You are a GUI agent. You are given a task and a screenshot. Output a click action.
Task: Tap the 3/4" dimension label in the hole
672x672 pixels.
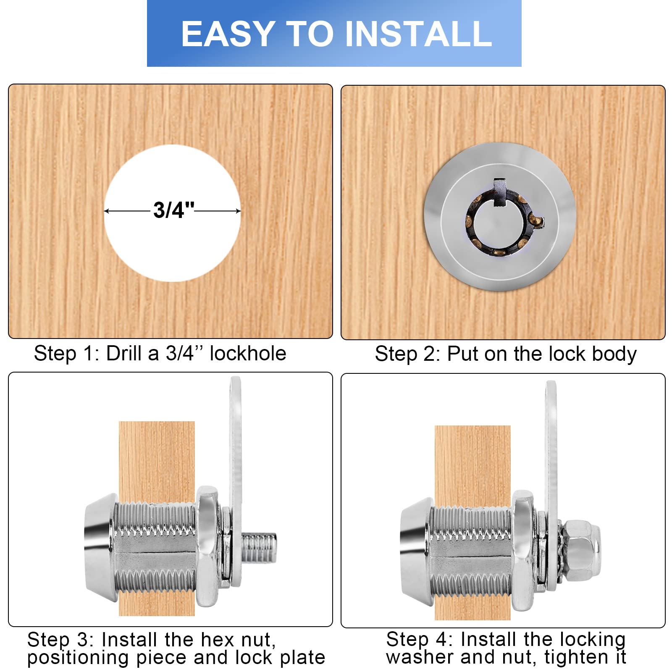[173, 210]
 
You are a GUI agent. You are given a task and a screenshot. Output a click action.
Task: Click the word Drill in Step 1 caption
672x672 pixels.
[124, 354]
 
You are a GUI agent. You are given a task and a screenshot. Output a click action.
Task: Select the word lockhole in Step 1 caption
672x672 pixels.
[248, 354]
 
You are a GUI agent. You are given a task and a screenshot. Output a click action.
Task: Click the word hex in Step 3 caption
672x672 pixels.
[218, 640]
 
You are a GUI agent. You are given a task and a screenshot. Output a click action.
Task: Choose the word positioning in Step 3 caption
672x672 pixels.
[78, 658]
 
